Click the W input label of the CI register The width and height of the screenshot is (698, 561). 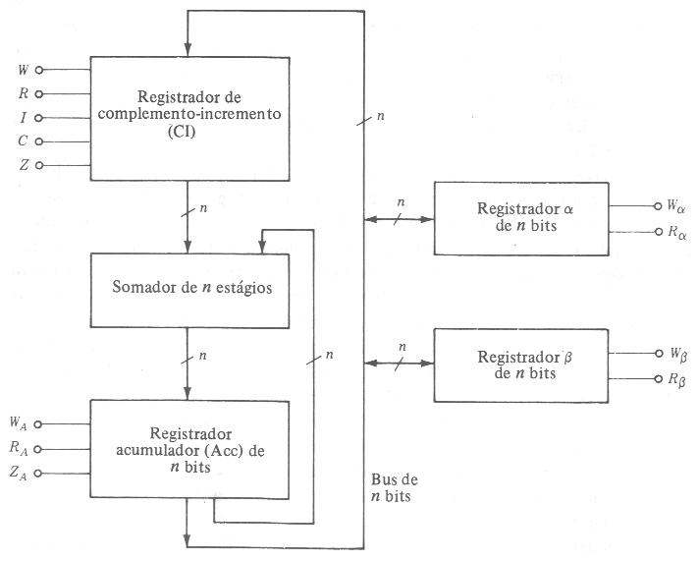(23, 70)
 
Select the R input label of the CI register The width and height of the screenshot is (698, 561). (23, 94)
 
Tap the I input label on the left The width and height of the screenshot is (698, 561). (24, 118)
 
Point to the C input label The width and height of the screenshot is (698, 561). (23, 141)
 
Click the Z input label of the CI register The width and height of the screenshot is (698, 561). (23, 165)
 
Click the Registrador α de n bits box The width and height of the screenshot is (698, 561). (521, 218)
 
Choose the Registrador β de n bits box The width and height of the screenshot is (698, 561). (521, 365)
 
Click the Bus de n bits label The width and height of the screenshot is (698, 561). (393, 488)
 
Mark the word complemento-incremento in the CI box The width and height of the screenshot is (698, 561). (190, 112)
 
